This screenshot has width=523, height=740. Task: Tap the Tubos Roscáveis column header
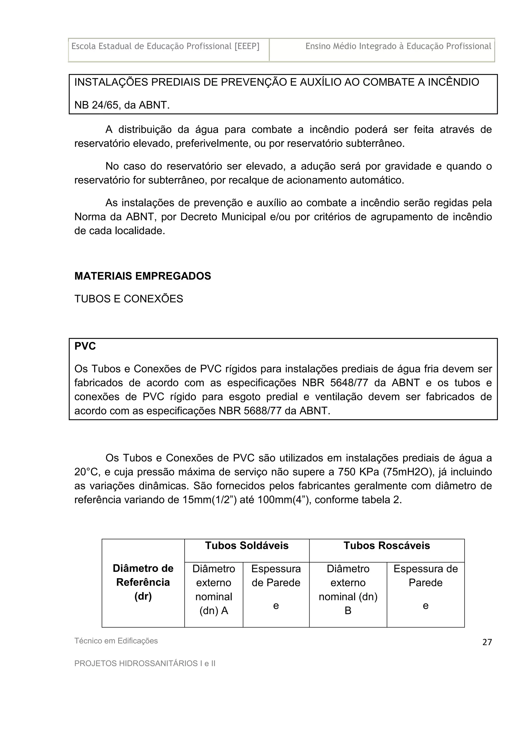click(386, 546)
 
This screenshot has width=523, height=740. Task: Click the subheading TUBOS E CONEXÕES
click(128, 299)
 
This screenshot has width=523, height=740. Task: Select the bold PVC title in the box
click(85, 346)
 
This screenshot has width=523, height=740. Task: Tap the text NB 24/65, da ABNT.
click(122, 105)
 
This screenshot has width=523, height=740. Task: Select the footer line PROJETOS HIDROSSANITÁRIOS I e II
click(145, 663)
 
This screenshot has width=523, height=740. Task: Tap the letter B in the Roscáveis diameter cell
click(348, 611)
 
